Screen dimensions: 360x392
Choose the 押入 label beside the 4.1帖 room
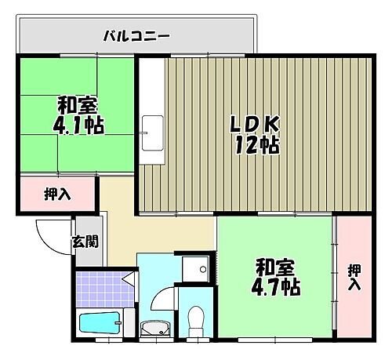click(57, 194)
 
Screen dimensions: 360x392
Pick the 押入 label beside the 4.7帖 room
click(354, 276)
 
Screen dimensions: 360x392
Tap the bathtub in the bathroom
click(100, 322)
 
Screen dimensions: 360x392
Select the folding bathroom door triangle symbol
click(126, 278)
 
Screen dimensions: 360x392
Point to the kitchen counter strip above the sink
click(152, 86)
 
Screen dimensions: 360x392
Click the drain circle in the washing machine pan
click(203, 269)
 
